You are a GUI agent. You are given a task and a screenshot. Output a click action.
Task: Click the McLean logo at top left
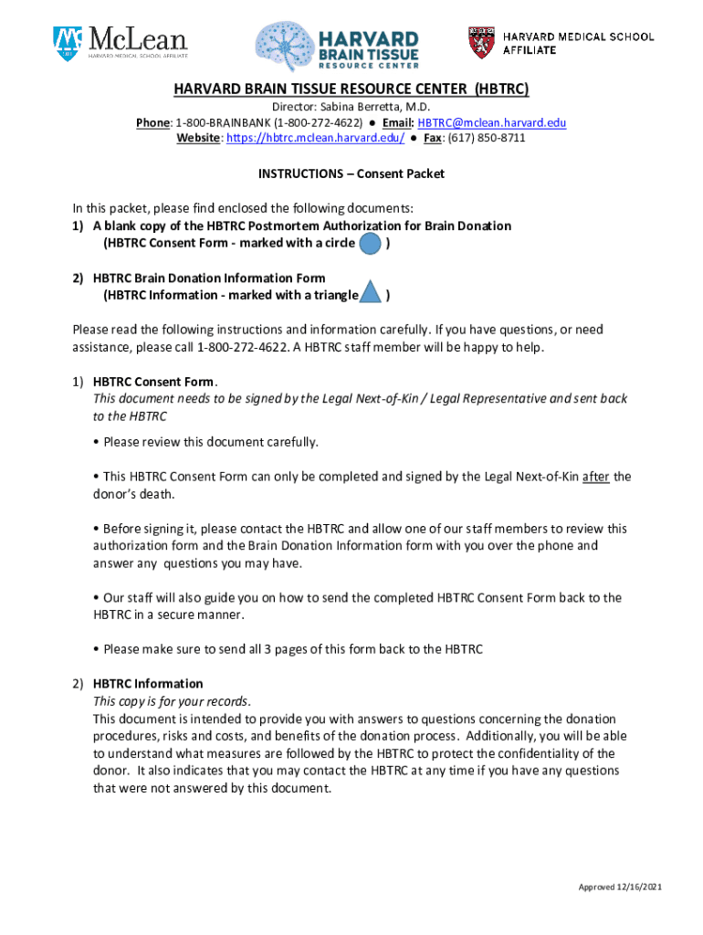120,42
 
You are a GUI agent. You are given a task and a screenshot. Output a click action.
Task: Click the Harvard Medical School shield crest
482,42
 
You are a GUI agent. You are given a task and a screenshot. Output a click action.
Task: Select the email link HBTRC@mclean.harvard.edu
493,123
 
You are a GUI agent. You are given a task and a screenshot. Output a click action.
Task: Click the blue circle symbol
370,244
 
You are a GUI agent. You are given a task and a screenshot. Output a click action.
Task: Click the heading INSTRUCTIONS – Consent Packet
351,173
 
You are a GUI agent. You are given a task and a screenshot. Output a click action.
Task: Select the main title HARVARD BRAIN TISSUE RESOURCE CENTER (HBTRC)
351,89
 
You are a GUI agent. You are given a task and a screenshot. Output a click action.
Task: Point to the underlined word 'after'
596,477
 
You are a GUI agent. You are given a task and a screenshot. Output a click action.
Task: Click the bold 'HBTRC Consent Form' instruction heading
154,382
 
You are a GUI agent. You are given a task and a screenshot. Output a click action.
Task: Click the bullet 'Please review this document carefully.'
210,442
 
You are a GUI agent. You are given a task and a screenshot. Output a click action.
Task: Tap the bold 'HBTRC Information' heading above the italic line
148,684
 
